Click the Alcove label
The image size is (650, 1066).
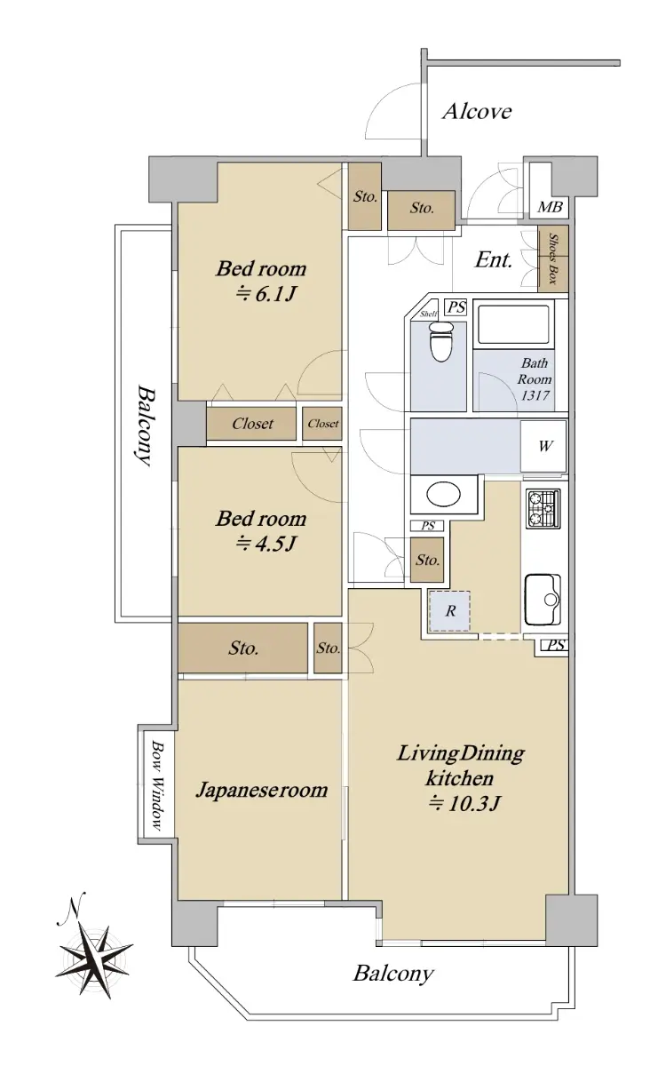click(x=477, y=112)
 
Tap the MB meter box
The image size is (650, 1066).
click(x=549, y=190)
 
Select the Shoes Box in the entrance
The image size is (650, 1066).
click(x=553, y=259)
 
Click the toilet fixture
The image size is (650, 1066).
click(x=441, y=341)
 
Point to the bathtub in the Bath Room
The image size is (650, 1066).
click(x=513, y=324)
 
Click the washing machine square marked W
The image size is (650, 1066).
click(x=544, y=446)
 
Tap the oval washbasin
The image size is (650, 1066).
click(x=443, y=495)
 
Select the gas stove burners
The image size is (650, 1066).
click(x=543, y=509)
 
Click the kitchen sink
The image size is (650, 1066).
click(x=543, y=600)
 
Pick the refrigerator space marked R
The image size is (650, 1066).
click(x=449, y=611)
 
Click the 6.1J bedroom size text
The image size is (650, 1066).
click(x=267, y=295)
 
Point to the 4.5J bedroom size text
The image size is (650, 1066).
click(x=267, y=544)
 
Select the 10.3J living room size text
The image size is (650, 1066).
click(x=464, y=804)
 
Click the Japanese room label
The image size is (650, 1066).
click(x=262, y=790)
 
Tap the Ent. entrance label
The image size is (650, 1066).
click(x=494, y=260)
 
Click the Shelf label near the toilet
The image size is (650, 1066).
click(x=428, y=314)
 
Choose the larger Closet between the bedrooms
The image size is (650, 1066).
click(x=251, y=423)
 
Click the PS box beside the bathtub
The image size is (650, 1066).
click(x=456, y=307)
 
